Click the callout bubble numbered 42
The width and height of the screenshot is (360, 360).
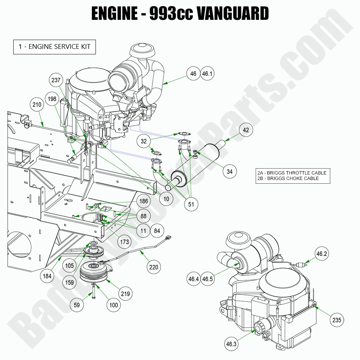coord(246,130)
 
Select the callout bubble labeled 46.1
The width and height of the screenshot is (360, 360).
coord(207,74)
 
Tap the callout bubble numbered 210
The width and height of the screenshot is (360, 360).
coord(37,105)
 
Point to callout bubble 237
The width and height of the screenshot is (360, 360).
coord(56,80)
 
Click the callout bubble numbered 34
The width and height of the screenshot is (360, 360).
coord(230,171)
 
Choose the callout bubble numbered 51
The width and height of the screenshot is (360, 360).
coord(191,205)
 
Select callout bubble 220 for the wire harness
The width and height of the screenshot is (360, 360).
coord(154,267)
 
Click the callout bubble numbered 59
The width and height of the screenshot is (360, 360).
coord(77,305)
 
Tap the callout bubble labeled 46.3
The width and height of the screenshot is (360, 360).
coord(231,344)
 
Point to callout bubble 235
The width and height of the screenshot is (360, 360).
coord(336,320)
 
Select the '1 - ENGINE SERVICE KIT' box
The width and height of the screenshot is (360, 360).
coord(54,47)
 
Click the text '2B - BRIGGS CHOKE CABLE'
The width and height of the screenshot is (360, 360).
coord(287,179)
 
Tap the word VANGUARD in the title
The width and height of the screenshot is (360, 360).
coord(233,14)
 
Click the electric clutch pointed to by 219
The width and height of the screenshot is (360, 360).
coord(93,274)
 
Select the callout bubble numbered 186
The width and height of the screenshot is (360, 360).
coord(144,201)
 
